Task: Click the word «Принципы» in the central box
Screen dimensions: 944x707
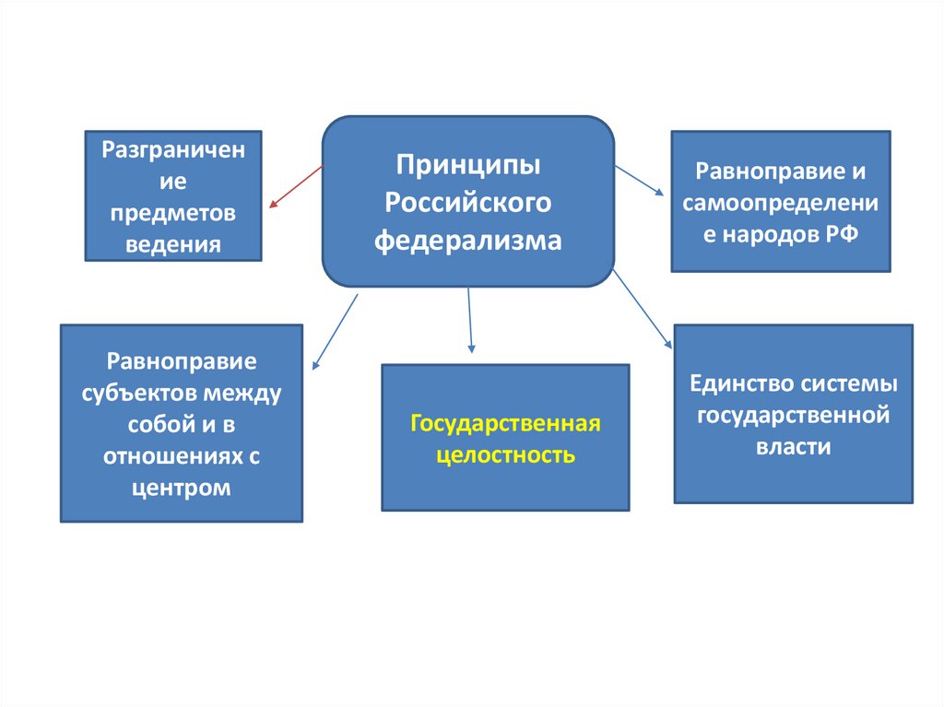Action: click(467, 168)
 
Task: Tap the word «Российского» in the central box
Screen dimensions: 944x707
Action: click(467, 204)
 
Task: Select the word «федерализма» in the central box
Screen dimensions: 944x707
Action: click(467, 241)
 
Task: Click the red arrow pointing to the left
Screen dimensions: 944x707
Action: click(295, 186)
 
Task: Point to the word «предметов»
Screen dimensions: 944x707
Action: click(173, 213)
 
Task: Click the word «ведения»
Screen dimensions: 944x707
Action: click(173, 244)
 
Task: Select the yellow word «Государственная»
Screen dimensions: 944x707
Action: click(505, 424)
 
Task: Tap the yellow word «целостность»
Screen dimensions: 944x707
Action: click(505, 455)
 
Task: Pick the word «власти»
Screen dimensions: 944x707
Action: click(794, 447)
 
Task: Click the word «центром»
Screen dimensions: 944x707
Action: click(181, 488)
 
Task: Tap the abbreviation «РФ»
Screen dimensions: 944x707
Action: click(842, 234)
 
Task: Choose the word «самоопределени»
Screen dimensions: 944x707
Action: click(781, 203)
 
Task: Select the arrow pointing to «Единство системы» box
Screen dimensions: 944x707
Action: click(643, 308)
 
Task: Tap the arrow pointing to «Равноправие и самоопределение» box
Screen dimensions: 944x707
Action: click(639, 180)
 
